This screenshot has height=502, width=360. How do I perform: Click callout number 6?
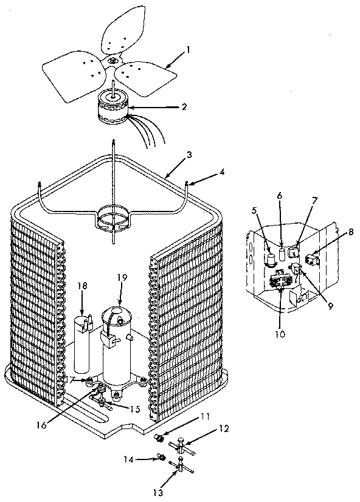280,196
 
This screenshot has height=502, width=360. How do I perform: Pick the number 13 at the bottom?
158,493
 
